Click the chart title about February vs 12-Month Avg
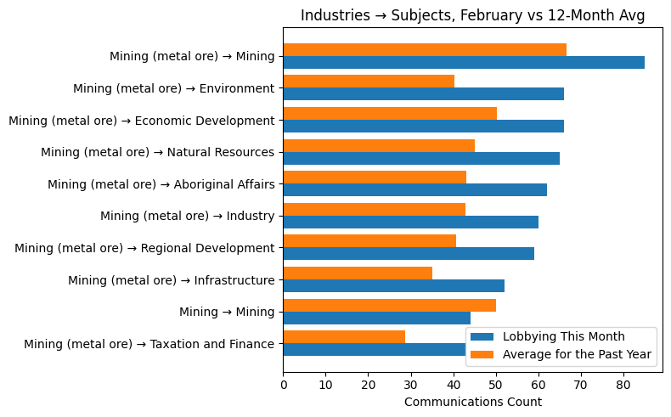tap(472, 15)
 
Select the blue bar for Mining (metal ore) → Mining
tap(463, 63)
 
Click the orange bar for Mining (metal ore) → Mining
tap(424, 50)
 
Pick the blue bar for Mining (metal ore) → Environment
tap(423, 94)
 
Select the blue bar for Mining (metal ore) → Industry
tap(410, 222)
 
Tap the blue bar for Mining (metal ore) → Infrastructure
tap(393, 286)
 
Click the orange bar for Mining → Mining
tap(389, 305)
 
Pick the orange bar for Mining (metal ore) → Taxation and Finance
tap(343, 337)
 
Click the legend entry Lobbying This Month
tap(563, 336)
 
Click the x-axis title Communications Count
tap(472, 402)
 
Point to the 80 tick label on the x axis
tap(623, 385)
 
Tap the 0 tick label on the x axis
tap(283, 385)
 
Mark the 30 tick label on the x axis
tap(410, 385)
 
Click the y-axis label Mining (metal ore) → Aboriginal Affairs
tap(161, 184)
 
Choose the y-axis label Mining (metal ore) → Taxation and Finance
tap(149, 344)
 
